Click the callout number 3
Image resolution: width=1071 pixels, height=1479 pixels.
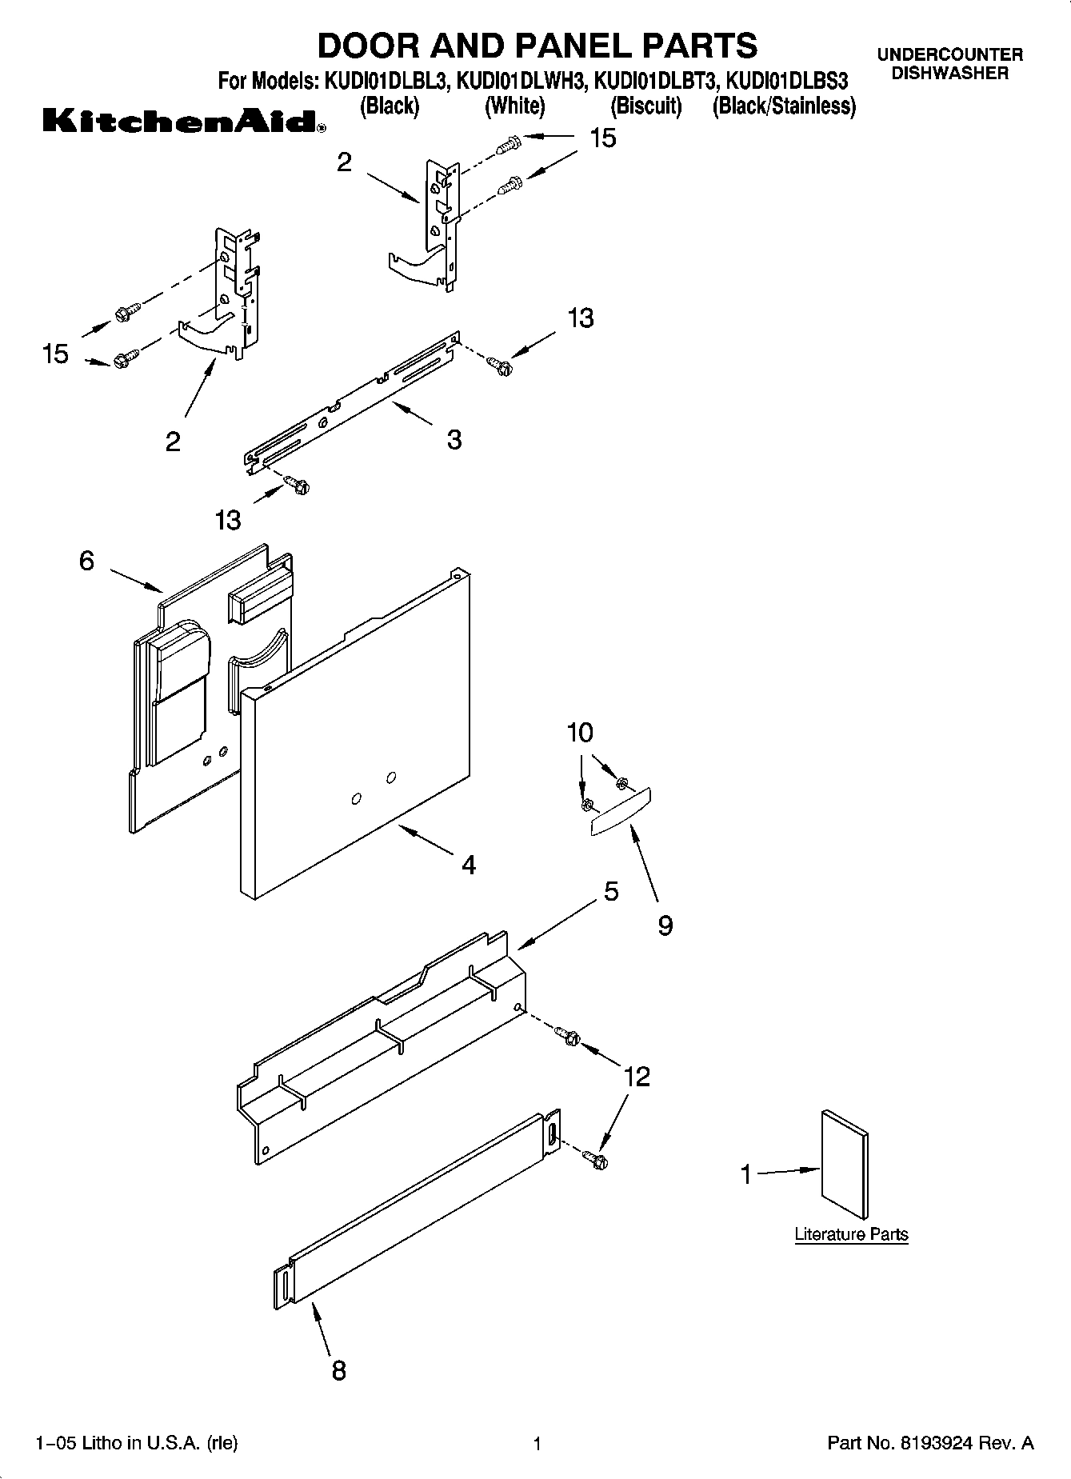[x=454, y=439]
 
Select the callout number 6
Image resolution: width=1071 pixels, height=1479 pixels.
[x=86, y=561]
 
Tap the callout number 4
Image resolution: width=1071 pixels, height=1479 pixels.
[x=469, y=865]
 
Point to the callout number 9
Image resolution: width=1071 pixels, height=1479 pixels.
[x=665, y=925]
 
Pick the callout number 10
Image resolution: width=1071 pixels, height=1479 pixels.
[x=581, y=732]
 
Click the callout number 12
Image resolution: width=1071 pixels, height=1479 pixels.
[x=637, y=1077]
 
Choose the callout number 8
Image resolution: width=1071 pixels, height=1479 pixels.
[x=338, y=1370]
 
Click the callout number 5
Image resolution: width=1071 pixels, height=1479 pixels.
[x=611, y=891]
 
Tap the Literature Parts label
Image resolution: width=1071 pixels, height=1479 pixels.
[x=851, y=1234]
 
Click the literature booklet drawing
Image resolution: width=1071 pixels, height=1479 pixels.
[x=845, y=1163]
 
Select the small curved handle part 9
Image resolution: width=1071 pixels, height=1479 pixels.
[x=621, y=813]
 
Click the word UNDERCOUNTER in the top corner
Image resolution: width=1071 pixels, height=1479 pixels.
[x=949, y=54]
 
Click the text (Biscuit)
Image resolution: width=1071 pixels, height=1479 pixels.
[x=645, y=106]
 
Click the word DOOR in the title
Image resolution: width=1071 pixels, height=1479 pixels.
[x=370, y=46]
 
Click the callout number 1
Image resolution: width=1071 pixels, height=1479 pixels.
[x=746, y=1175]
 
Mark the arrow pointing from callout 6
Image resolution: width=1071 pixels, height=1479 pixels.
[x=134, y=581]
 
